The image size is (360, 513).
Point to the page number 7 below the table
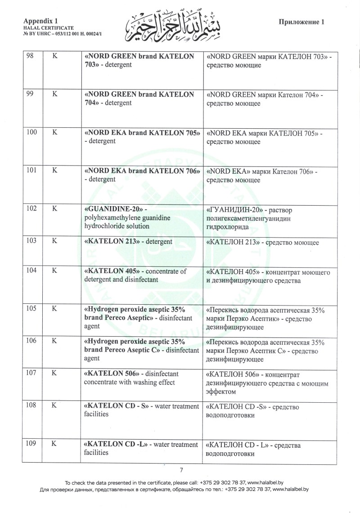tap(181, 470)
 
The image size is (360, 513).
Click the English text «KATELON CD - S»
tap(116, 406)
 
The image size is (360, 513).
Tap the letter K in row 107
tap(54, 373)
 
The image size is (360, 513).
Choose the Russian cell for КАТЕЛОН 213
tap(262, 243)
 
